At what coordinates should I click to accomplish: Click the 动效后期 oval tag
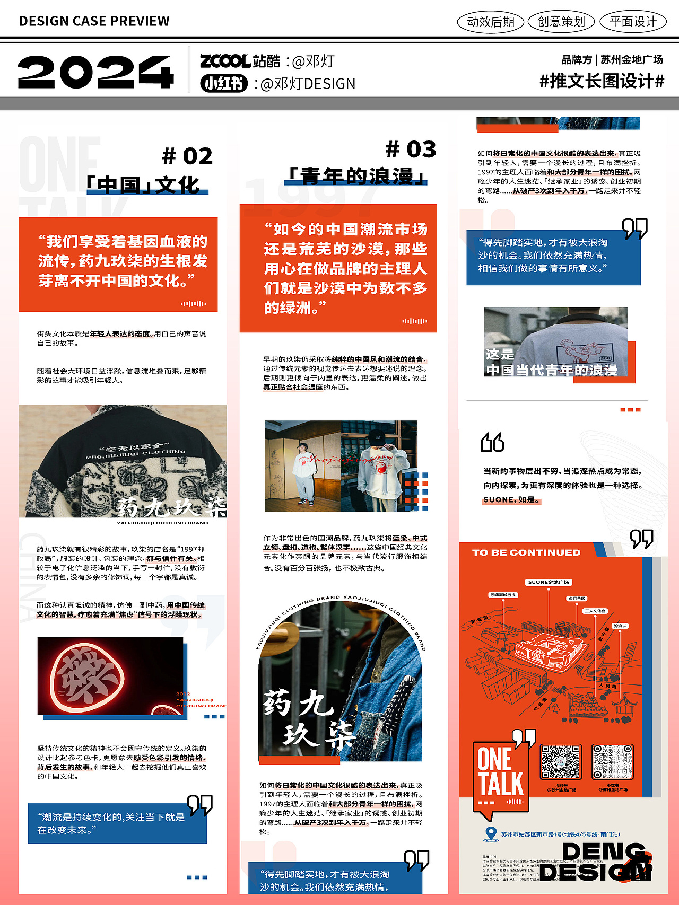click(490, 22)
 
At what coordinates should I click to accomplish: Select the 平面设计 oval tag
click(633, 22)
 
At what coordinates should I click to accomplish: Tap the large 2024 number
click(95, 72)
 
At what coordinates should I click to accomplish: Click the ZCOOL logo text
click(225, 61)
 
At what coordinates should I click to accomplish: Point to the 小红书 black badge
click(224, 84)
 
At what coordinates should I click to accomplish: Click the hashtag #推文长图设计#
click(602, 81)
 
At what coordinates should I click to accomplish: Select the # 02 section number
click(187, 156)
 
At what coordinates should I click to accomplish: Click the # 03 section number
click(411, 150)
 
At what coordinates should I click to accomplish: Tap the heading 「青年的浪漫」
click(356, 176)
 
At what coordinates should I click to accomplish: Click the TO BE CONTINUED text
click(526, 552)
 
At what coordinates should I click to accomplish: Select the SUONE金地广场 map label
click(549, 582)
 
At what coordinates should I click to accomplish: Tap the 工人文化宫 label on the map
click(595, 611)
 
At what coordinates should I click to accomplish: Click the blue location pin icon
click(491, 834)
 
